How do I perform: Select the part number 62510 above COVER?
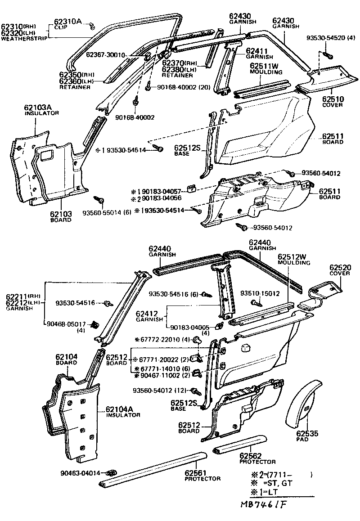point(333,99)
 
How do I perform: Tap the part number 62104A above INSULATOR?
point(121,409)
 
